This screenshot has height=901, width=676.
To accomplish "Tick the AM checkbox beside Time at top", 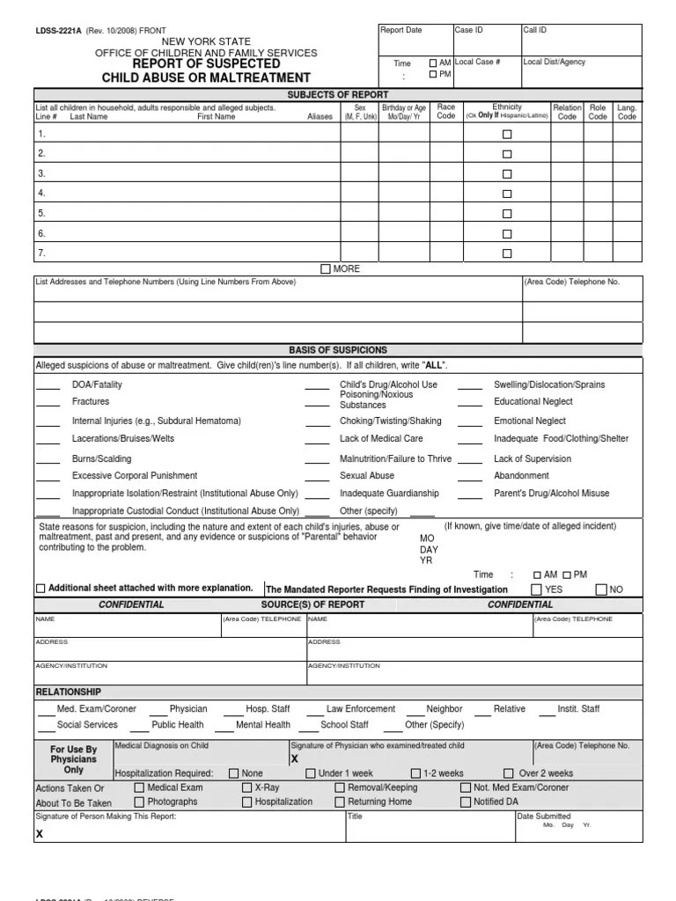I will click(x=432, y=63).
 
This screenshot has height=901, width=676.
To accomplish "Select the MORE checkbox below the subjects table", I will click(x=326, y=268).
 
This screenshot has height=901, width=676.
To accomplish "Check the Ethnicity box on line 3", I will click(x=506, y=174).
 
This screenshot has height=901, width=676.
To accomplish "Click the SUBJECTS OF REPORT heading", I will click(x=337, y=94).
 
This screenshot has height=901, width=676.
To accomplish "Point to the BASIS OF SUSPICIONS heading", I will click(x=337, y=350).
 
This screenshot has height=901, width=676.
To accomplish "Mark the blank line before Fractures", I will click(x=48, y=403).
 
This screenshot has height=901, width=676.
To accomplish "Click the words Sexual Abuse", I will click(x=367, y=476).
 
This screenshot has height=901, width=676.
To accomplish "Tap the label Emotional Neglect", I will click(x=529, y=421).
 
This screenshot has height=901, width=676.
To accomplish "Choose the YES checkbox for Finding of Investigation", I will click(x=536, y=590).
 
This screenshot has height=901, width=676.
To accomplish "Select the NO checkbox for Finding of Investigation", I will click(x=601, y=590).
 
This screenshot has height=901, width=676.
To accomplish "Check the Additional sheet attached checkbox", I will click(x=40, y=589).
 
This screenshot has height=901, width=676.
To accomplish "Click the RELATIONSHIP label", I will click(x=68, y=692).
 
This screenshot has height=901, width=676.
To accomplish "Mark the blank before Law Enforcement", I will click(x=312, y=710).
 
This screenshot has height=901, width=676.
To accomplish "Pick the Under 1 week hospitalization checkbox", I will click(x=310, y=773).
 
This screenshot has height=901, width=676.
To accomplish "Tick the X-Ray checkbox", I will click(x=246, y=787).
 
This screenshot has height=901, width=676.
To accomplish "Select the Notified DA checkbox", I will click(x=466, y=802).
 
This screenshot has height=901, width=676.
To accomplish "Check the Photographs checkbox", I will click(x=139, y=802).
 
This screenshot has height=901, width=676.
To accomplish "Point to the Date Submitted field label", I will click(x=545, y=817).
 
